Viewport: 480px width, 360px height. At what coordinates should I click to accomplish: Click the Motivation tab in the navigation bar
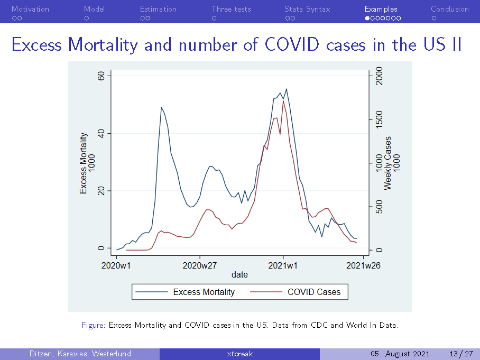(30, 9)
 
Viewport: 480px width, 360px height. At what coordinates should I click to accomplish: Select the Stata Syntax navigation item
(307, 9)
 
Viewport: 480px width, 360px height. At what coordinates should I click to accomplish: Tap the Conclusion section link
(449, 9)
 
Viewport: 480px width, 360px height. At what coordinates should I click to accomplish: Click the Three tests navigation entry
(231, 9)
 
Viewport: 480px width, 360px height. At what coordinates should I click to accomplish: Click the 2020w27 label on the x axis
(200, 265)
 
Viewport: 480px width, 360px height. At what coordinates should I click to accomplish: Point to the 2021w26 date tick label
(363, 265)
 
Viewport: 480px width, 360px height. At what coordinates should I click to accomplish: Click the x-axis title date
(239, 275)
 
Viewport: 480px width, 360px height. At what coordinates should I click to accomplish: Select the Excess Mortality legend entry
(204, 292)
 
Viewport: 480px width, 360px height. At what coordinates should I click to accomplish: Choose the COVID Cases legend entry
(314, 292)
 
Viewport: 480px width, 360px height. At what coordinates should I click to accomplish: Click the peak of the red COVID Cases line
(283, 101)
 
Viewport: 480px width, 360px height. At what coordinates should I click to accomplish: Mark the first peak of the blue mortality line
(161, 107)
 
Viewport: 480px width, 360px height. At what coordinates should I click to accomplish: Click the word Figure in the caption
(94, 325)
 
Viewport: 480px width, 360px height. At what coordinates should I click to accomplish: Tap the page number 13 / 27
(460, 354)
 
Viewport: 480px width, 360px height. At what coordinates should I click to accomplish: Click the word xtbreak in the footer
(239, 354)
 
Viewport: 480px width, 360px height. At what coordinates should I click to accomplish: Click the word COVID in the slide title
(292, 44)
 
